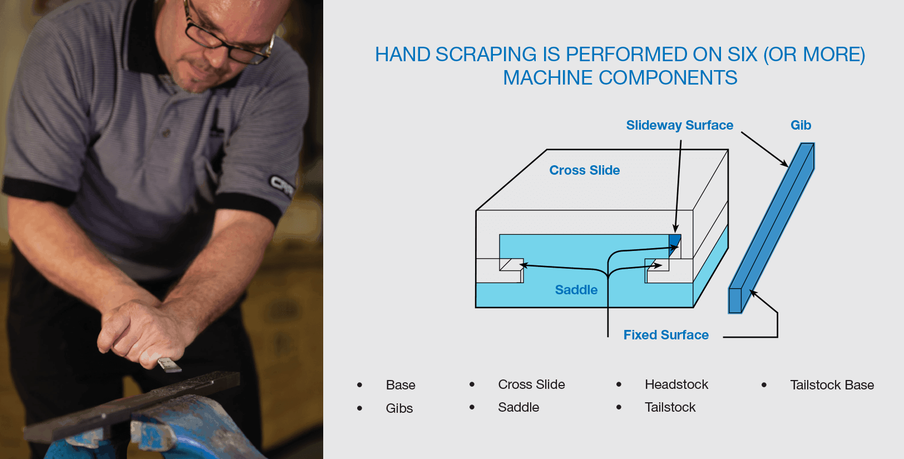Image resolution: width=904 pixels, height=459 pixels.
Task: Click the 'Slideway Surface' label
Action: pyautogui.click(x=679, y=125)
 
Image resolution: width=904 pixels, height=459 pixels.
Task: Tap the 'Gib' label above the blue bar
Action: pyautogui.click(x=801, y=125)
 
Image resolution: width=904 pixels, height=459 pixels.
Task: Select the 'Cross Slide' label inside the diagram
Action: pyautogui.click(x=584, y=170)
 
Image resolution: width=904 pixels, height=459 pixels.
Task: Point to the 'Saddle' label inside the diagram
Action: pyautogui.click(x=576, y=290)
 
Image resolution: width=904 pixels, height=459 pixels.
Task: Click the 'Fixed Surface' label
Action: pyautogui.click(x=665, y=335)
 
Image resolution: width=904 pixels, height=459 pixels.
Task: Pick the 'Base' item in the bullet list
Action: pyautogui.click(x=401, y=385)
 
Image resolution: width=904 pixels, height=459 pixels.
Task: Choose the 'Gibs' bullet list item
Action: pyautogui.click(x=399, y=408)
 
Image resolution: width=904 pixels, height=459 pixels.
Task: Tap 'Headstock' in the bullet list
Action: pyautogui.click(x=676, y=384)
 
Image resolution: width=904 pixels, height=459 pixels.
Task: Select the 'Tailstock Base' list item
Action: pyautogui.click(x=832, y=385)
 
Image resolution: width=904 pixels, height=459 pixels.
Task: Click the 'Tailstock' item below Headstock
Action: pyautogui.click(x=670, y=407)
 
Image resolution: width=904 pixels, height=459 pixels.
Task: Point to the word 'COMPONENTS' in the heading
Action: pyautogui.click(x=668, y=78)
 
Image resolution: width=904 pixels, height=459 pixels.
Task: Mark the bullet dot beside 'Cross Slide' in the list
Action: pyautogui.click(x=472, y=384)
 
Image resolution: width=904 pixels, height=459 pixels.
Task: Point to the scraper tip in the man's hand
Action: pyautogui.click(x=169, y=366)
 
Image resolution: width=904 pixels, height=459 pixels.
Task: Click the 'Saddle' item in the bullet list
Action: pyautogui.click(x=518, y=407)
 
